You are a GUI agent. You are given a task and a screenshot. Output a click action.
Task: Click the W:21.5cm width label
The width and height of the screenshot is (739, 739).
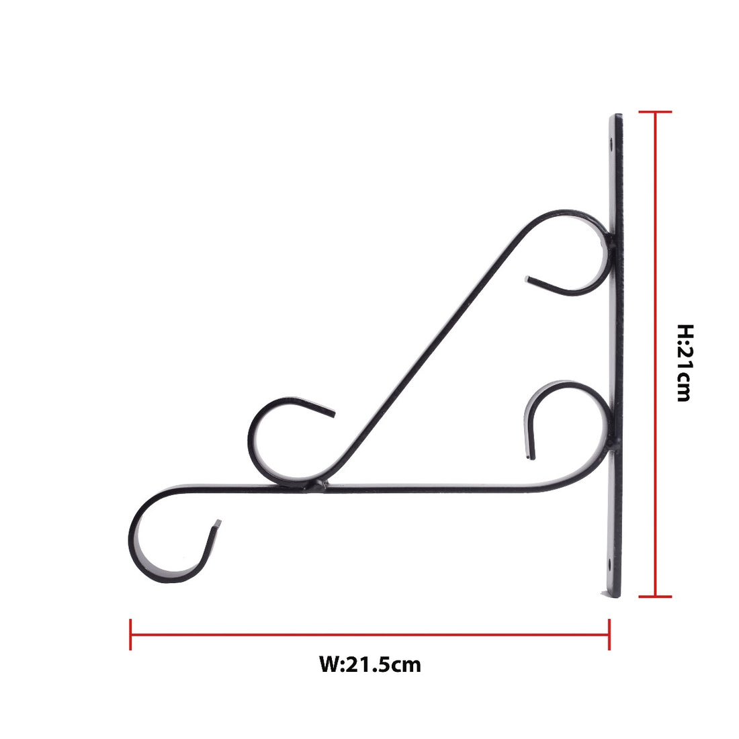tap(370, 665)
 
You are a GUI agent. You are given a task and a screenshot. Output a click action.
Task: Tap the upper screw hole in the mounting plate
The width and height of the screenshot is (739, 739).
tap(611, 143)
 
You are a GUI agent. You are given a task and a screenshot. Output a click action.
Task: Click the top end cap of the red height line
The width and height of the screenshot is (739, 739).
tap(655, 112)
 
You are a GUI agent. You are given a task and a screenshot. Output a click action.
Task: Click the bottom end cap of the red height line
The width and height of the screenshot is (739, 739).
tap(655, 596)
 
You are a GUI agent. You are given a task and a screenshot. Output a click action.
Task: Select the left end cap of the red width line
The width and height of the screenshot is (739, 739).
tap(130, 634)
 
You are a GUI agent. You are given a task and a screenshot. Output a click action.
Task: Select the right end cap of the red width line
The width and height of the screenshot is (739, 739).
tap(609, 634)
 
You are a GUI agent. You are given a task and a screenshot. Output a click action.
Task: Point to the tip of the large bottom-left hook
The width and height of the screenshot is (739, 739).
tap(216, 523)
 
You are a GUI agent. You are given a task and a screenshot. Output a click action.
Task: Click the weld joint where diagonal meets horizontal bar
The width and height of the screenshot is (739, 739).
tap(317, 484)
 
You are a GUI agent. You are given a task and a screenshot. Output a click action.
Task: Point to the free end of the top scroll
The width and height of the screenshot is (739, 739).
tap(529, 279)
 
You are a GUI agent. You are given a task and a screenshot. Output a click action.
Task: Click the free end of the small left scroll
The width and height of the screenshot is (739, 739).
tap(332, 413)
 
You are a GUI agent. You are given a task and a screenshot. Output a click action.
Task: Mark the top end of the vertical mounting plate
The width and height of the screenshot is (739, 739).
tap(616, 117)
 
